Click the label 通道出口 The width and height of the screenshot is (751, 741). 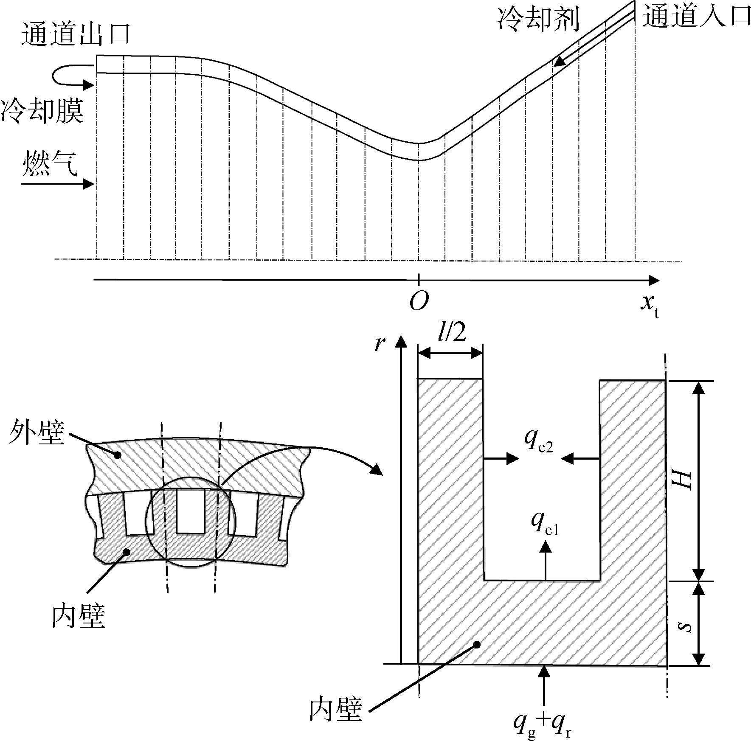pyautogui.click(x=76, y=34)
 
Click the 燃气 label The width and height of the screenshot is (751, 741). pyautogui.click(x=50, y=163)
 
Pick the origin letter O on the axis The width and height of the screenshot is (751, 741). pyautogui.click(x=419, y=301)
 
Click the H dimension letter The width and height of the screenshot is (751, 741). pyautogui.click(x=683, y=480)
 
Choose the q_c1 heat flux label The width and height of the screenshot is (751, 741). pyautogui.click(x=545, y=525)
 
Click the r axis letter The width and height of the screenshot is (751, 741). pyautogui.click(x=379, y=344)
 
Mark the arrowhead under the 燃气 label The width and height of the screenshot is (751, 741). pyautogui.click(x=88, y=184)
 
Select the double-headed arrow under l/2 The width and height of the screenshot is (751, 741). pyautogui.click(x=450, y=353)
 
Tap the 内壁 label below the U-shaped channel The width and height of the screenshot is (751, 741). pyautogui.click(x=336, y=710)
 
